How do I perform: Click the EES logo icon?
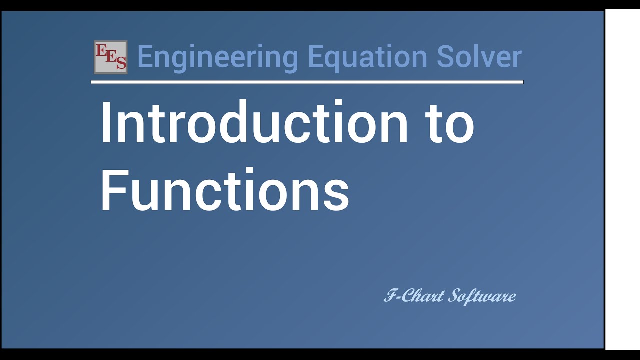pyautogui.click(x=110, y=57)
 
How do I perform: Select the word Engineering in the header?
pyautogui.click(x=217, y=57)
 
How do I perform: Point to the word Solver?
pyautogui.click(x=479, y=57)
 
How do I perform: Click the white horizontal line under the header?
pyautogui.click(x=307, y=82)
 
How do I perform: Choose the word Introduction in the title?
pyautogui.click(x=254, y=123)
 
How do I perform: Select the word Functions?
pyautogui.click(x=224, y=190)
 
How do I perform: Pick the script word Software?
pyautogui.click(x=482, y=296)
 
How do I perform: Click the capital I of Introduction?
pyautogui.click(x=105, y=123)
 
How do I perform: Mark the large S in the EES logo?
pyautogui.click(x=120, y=63)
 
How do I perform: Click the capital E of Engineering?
pyautogui.click(x=145, y=57)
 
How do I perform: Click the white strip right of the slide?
pyautogui.click(x=622, y=180)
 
